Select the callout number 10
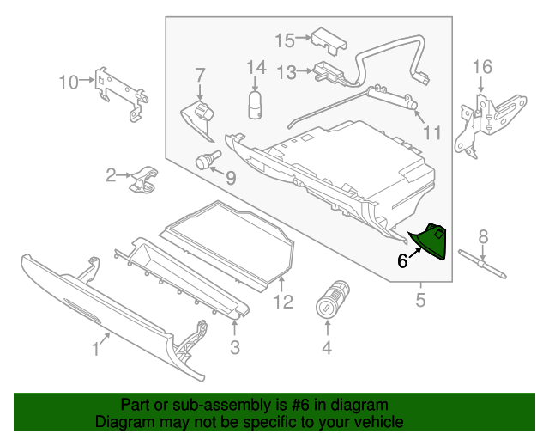click(x=68, y=82)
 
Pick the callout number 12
click(x=283, y=302)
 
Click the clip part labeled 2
click(x=142, y=179)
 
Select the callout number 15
click(x=284, y=40)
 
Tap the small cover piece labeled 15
click(x=327, y=39)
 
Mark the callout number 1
click(x=96, y=349)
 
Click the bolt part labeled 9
click(x=206, y=161)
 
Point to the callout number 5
click(x=421, y=300)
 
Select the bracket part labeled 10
click(x=116, y=89)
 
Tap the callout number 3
click(x=234, y=348)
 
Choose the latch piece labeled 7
click(x=201, y=118)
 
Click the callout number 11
click(x=431, y=132)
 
